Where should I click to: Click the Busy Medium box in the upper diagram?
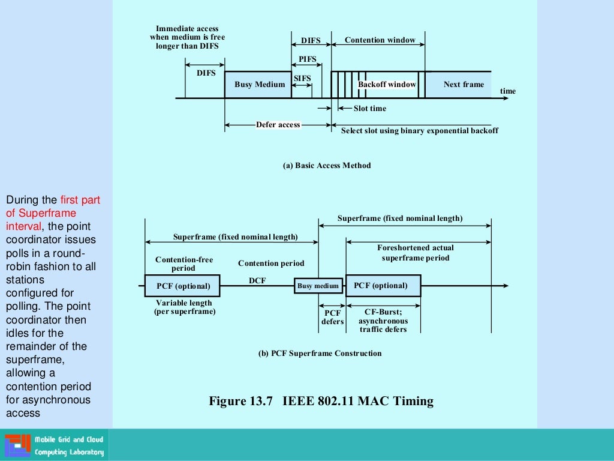coord(258,85)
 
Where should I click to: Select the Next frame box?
coord(463,85)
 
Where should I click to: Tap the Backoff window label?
coord(387,85)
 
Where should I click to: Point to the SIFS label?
coord(302,79)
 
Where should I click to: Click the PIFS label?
coord(307,59)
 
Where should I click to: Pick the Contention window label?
coord(380,40)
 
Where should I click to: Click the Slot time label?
coord(369,109)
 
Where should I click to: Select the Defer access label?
coord(278,125)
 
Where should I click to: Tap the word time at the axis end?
coord(507,91)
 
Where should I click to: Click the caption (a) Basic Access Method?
coord(327,166)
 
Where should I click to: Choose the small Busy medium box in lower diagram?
coord(318,286)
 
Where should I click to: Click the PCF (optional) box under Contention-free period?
coord(183,286)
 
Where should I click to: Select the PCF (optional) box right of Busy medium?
coord(383,286)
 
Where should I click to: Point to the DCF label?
coord(257,280)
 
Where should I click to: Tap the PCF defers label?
coord(332,317)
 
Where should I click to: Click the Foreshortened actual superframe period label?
coord(416,253)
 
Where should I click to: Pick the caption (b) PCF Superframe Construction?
coord(320,354)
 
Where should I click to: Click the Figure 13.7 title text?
coord(321,401)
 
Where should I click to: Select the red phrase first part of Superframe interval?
coord(53,213)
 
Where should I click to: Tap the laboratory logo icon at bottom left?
coord(17,445)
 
